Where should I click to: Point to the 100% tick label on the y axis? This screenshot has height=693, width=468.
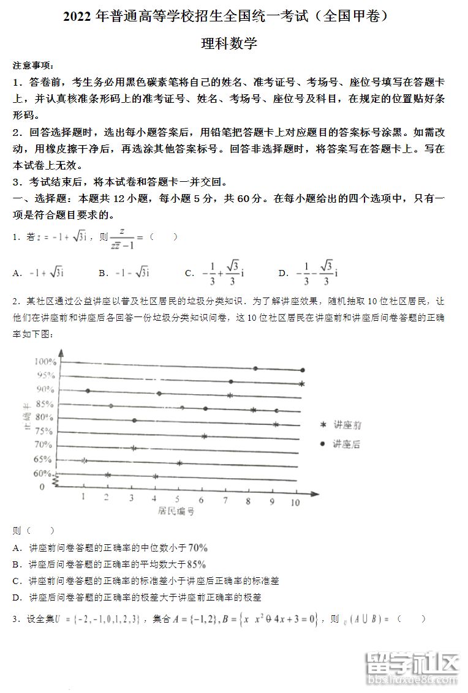tap(45, 361)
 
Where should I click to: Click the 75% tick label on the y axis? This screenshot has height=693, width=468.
tap(44, 431)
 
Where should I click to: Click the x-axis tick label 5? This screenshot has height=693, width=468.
tap(178, 499)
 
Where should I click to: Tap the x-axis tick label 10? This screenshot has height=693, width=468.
tap(295, 503)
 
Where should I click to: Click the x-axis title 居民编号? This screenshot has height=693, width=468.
tap(176, 511)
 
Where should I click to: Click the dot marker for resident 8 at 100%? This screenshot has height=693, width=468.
tap(255, 369)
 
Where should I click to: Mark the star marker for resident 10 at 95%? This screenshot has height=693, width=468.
tap(302, 384)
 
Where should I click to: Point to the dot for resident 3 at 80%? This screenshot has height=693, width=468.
tap(134, 420)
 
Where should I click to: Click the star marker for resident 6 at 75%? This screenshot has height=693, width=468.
tap(205, 436)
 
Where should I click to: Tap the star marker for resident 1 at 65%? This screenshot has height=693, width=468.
tap(85, 460)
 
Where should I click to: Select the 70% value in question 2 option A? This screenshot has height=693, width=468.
tap(198, 548)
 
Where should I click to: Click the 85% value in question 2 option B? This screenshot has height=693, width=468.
tap(197, 564)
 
